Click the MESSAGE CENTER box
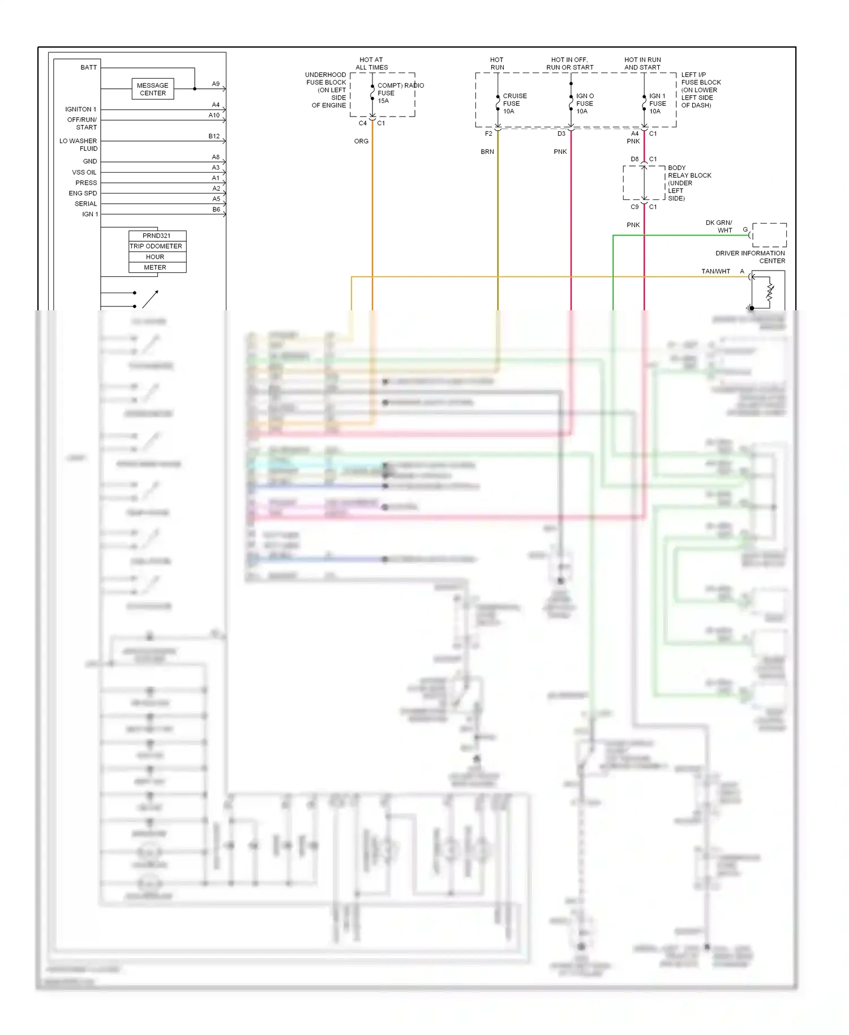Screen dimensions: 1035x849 pos(153,89)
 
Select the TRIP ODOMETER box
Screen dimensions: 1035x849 pos(157,246)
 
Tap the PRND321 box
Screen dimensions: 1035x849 pos(157,236)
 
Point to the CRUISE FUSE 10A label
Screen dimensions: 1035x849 pos(514,104)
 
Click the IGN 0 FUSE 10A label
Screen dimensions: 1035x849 pos(585,104)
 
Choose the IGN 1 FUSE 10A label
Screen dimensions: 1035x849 pos(657,104)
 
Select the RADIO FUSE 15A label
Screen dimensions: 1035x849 pos(391,93)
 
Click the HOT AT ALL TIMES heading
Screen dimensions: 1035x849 pos(371,63)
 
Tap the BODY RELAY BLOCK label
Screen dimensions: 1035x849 pos(689,183)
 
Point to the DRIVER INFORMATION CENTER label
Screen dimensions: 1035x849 pos(750,257)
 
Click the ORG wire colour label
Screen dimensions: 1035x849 pos(361,142)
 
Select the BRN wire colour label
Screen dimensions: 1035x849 pos(487,152)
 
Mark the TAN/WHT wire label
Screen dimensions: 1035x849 pos(715,272)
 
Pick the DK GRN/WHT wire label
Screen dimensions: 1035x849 pos(719,226)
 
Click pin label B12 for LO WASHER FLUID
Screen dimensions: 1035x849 pos(214,136)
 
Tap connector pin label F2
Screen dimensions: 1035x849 pos(488,134)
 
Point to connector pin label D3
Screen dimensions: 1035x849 pos(561,134)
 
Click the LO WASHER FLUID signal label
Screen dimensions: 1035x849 pos(79,145)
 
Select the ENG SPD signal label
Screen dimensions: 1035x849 pos(83,194)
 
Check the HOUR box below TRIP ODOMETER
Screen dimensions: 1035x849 pos(156,257)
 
